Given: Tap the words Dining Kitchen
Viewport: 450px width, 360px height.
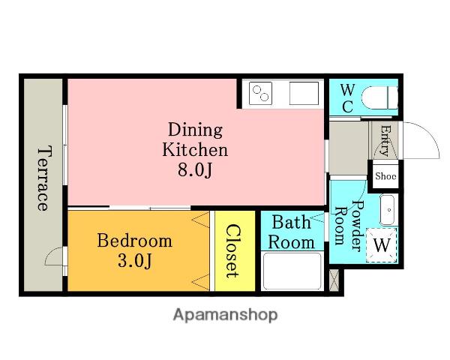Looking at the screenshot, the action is click(195, 139).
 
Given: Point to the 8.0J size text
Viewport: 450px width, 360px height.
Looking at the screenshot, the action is click(195, 170).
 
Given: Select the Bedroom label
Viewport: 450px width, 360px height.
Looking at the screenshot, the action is click(134, 241).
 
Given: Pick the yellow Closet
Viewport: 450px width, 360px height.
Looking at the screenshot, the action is click(235, 251).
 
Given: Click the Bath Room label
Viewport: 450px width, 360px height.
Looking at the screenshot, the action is click(291, 232).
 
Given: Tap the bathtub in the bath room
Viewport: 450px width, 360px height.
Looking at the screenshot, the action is click(292, 271).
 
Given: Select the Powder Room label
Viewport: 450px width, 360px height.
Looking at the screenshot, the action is click(349, 226).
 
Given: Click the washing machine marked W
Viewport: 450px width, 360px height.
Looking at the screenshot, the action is click(382, 245).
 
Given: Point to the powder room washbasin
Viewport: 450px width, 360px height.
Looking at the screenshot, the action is click(387, 210).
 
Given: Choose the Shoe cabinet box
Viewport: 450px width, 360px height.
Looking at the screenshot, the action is click(385, 176).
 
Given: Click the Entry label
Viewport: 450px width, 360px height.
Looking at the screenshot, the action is click(385, 140).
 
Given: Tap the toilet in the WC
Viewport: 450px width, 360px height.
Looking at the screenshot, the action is click(379, 97).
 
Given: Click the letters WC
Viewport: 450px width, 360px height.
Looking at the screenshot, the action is click(347, 98).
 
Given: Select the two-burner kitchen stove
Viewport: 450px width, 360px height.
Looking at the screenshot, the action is click(260, 93).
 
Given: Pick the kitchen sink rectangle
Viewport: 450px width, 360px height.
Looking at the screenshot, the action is click(304, 93).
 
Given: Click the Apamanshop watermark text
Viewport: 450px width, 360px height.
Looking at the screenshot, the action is click(225, 315).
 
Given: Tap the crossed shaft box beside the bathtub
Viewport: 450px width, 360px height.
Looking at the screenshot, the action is click(334, 280).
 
